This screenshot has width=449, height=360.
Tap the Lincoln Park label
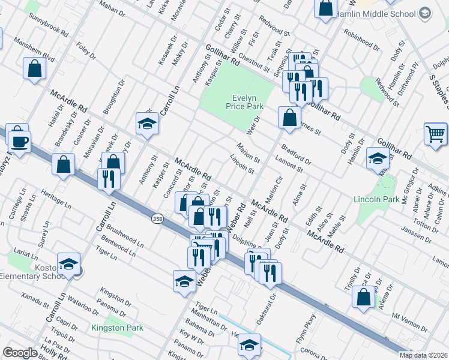pos(376,199)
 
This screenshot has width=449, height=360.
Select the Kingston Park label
pos(117,328)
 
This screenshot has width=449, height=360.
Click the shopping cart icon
pos(436,133)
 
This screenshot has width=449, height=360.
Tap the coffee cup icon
pos(19,141)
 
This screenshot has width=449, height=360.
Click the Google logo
pos(20,353)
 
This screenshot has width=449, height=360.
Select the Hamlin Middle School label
pos(376,13)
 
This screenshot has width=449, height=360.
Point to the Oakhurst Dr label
pos(267,310)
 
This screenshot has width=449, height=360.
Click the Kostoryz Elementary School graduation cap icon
pos(69,265)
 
